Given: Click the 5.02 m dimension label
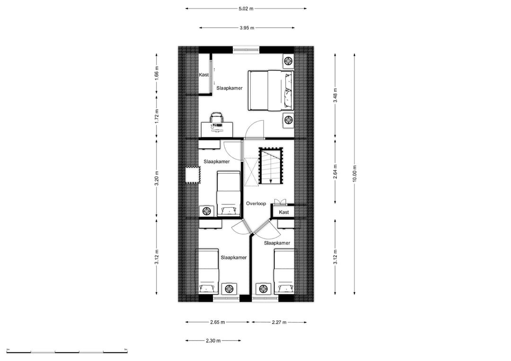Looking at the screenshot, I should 246,8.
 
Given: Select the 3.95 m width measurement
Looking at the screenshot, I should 246,28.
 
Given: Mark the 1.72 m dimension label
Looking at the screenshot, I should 157,116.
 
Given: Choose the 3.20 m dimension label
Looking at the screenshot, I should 157,180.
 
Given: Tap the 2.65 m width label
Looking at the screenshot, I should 217,322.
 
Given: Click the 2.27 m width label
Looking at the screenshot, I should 279,322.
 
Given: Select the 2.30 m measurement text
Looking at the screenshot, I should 213,340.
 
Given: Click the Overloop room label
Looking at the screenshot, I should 256,204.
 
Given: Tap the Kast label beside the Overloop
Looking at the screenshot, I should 284,212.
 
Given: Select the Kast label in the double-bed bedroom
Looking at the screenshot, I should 203,75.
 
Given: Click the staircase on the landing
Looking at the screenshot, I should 270,167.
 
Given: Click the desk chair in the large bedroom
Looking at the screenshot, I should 216,117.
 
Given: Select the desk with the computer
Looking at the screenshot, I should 217,128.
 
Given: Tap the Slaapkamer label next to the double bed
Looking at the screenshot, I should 230,88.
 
